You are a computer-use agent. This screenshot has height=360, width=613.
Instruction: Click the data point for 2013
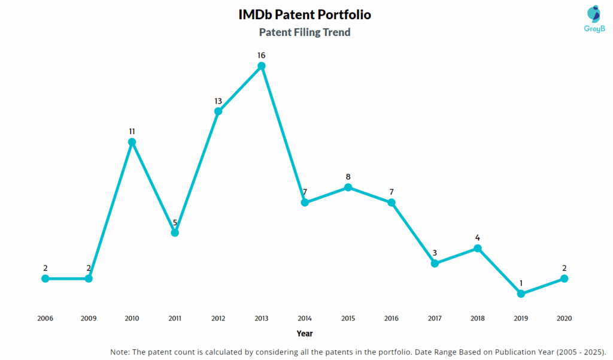[262, 66]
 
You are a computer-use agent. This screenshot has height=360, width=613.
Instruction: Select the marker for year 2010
[132, 142]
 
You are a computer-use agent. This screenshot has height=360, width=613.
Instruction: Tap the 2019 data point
[521, 294]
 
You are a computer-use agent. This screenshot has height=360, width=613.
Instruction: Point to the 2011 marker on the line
[175, 232]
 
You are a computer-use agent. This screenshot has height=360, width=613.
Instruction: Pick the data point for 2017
[435, 263]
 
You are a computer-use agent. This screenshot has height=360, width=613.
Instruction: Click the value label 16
[262, 55]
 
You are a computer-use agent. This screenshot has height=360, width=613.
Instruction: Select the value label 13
[218, 101]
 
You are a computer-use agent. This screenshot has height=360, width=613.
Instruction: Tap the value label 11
[132, 131]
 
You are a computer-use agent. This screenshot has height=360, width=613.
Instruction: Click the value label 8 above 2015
[348, 177]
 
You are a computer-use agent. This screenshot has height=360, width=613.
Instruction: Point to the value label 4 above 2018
[478, 237]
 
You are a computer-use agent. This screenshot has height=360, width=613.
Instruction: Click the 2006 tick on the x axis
[45, 318]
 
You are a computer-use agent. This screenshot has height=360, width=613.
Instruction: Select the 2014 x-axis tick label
[305, 318]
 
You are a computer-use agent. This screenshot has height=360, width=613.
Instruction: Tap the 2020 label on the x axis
[564, 318]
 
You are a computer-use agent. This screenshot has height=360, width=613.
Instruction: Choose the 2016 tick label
[391, 318]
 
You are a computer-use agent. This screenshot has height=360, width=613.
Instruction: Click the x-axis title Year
[304, 333]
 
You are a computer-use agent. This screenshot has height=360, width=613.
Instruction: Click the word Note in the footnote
[122, 352]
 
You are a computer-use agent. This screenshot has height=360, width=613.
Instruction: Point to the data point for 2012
[218, 111]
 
